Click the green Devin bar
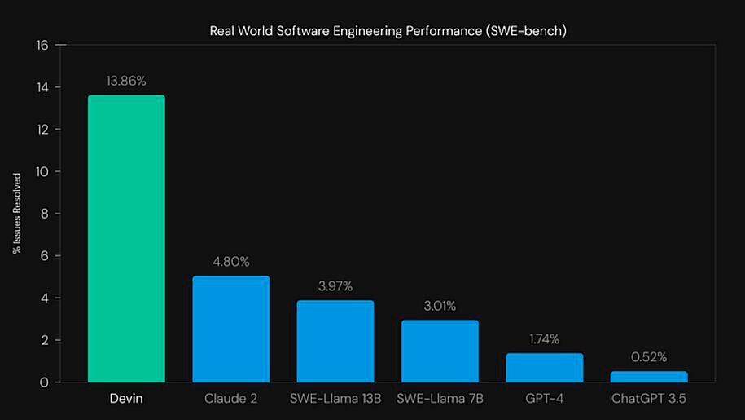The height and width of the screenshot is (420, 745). pyautogui.click(x=126, y=238)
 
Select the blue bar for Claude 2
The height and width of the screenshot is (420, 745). pyautogui.click(x=230, y=329)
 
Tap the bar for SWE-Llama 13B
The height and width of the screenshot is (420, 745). pyautogui.click(x=335, y=341)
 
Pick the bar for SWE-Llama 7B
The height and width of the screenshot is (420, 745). pyautogui.click(x=440, y=351)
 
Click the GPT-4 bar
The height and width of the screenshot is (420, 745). pyautogui.click(x=544, y=367)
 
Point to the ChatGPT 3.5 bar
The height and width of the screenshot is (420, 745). pyautogui.click(x=649, y=377)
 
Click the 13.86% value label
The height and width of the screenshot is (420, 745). pyautogui.click(x=126, y=81)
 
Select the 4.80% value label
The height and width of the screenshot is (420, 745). pyautogui.click(x=230, y=262)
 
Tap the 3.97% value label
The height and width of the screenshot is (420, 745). pyautogui.click(x=335, y=286)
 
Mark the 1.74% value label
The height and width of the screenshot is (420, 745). pyautogui.click(x=544, y=338)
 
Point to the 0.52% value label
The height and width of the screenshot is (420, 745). pyautogui.click(x=649, y=356)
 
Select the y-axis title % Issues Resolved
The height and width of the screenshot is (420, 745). pyautogui.click(x=16, y=213)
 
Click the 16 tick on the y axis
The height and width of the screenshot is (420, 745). pyautogui.click(x=43, y=46)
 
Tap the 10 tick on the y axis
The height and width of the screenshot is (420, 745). pyautogui.click(x=43, y=172)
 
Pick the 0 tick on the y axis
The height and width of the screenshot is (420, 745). pyautogui.click(x=46, y=382)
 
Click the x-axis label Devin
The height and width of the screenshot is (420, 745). pyautogui.click(x=126, y=399)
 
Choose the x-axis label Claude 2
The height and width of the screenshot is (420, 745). pyautogui.click(x=230, y=399)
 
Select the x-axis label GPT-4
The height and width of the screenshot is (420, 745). pyautogui.click(x=544, y=399)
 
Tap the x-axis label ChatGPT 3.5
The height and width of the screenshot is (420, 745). pyautogui.click(x=649, y=399)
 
